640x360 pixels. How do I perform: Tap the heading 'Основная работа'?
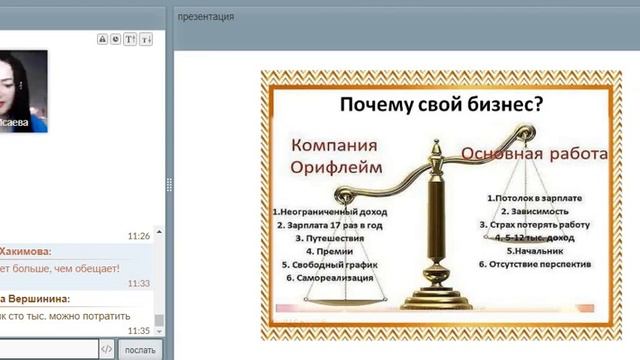[x=534, y=154]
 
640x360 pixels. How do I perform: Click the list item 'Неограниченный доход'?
[x=330, y=212]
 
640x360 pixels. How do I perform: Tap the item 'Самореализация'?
[x=330, y=277]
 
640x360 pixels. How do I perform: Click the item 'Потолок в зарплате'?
[x=536, y=199]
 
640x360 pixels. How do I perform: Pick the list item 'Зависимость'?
[x=536, y=212]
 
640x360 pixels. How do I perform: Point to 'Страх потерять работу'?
[x=536, y=225]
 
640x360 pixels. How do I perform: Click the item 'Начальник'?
[x=536, y=251]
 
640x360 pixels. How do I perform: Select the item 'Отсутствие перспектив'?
[x=536, y=264]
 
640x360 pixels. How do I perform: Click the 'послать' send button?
[x=139, y=349]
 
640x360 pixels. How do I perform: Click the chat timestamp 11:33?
[x=139, y=284]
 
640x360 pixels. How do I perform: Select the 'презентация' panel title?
[x=205, y=17]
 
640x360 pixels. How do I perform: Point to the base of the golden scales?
[x=436, y=299]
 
